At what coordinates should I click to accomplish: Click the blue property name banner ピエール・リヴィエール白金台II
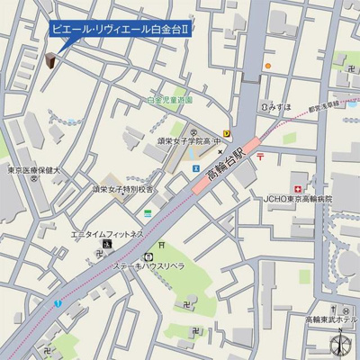pyautogui.click(x=121, y=30)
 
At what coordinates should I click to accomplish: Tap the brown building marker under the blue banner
pyautogui.click(x=50, y=60)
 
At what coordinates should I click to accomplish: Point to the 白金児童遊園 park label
pyautogui.click(x=170, y=101)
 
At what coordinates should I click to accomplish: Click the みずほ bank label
pyautogui.click(x=276, y=106)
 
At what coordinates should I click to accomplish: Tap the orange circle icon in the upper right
pyautogui.click(x=267, y=67)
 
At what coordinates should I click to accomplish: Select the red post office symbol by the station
pyautogui.click(x=259, y=157)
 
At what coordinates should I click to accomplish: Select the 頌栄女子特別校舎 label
pyautogui.click(x=122, y=190)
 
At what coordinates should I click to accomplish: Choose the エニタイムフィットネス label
pyautogui.click(x=107, y=233)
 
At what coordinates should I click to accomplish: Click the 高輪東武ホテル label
pyautogui.click(x=330, y=320)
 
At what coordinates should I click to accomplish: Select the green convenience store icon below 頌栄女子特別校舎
pyautogui.click(x=147, y=213)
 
